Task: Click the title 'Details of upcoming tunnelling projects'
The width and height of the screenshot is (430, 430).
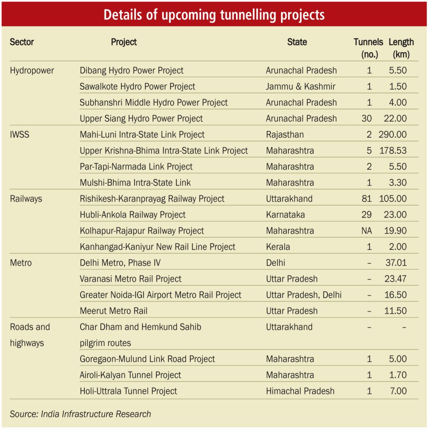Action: [x=214, y=15]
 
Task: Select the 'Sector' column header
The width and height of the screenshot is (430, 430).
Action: [x=22, y=42]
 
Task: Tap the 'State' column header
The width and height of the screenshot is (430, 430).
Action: [x=297, y=42]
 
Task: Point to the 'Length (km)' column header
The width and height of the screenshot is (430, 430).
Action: [x=401, y=48]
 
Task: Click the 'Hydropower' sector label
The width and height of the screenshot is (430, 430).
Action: [x=32, y=71]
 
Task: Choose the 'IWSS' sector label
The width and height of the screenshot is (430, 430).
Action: [x=19, y=135]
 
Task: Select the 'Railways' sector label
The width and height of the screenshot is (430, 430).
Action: [x=26, y=199]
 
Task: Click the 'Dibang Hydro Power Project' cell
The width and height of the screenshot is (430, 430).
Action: [x=131, y=71]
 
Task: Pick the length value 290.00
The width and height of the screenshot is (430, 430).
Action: [x=393, y=135]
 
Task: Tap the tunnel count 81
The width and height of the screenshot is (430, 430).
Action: [x=367, y=199]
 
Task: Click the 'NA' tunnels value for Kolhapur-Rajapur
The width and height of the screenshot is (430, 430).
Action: [x=367, y=231]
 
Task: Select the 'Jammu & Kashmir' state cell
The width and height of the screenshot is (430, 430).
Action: [x=301, y=87]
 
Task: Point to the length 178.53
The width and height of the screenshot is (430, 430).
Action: [x=393, y=151]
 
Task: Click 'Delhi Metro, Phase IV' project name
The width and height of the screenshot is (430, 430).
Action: [x=120, y=263]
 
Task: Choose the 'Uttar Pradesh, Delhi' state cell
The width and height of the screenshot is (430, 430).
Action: [x=304, y=295]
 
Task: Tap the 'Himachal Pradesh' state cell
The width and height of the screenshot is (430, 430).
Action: [x=300, y=391]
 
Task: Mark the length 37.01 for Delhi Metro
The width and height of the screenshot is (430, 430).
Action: [x=396, y=263]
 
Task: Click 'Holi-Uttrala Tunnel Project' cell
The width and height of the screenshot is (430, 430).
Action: [x=128, y=391]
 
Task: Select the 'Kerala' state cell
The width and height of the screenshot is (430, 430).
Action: [x=278, y=247]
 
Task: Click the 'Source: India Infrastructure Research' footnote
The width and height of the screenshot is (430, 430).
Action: [x=80, y=414]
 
